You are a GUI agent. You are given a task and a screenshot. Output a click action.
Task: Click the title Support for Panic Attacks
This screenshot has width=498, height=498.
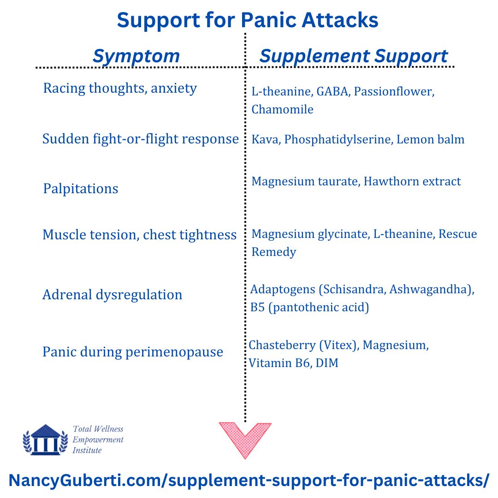[248, 20]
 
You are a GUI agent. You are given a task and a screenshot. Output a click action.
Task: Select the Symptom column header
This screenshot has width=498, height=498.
[136, 56]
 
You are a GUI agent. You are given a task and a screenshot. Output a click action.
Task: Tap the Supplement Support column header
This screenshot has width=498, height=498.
[354, 56]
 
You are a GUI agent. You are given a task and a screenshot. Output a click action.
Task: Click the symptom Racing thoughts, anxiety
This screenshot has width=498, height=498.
[120, 88]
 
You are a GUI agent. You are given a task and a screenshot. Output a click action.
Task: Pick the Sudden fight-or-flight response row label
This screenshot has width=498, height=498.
[140, 139]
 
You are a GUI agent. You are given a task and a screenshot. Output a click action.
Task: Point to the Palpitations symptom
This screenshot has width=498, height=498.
[81, 189]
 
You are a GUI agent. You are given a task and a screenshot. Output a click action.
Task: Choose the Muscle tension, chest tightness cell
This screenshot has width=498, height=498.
[139, 235]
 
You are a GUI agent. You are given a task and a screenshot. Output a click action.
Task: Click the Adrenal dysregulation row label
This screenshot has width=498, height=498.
[113, 295]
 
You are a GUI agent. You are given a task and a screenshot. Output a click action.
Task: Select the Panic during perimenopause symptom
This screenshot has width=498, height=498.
[133, 352]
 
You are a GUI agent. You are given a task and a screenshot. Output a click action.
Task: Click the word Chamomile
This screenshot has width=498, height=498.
[282, 109]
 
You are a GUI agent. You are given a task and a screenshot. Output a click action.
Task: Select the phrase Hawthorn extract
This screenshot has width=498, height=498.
[412, 181]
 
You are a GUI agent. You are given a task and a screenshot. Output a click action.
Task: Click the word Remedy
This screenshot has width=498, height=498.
[273, 252]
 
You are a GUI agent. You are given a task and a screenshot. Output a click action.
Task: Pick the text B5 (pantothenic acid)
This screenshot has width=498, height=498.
[310, 307]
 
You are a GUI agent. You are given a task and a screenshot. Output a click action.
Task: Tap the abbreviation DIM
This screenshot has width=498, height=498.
[327, 363]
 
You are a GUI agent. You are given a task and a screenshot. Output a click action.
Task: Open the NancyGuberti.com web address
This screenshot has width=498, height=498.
[249, 480]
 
